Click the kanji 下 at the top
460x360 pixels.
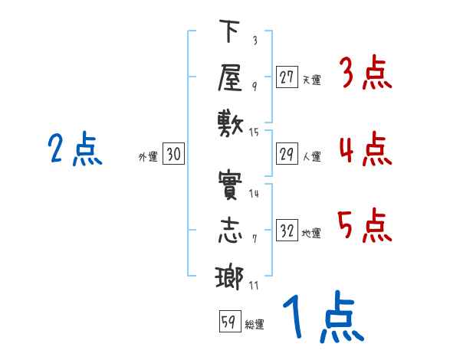(x=230, y=31)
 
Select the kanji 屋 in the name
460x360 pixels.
(x=230, y=77)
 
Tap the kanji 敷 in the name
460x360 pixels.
(x=231, y=125)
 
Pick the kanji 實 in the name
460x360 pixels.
(x=230, y=185)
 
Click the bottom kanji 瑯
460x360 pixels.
(x=230, y=277)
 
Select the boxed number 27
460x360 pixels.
(x=287, y=77)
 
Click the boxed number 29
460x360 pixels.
(x=287, y=154)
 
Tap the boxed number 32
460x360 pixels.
(x=287, y=230)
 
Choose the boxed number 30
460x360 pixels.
(x=173, y=153)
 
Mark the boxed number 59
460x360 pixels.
(x=230, y=321)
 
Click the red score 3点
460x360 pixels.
(x=366, y=72)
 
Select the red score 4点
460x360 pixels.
(x=366, y=149)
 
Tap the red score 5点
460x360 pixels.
(x=365, y=225)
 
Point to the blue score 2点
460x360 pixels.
(x=75, y=149)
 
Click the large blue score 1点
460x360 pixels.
(x=324, y=316)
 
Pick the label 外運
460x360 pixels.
(x=148, y=157)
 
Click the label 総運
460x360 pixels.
(x=255, y=325)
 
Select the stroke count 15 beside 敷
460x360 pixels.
(x=254, y=133)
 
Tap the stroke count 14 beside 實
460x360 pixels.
(x=254, y=193)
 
